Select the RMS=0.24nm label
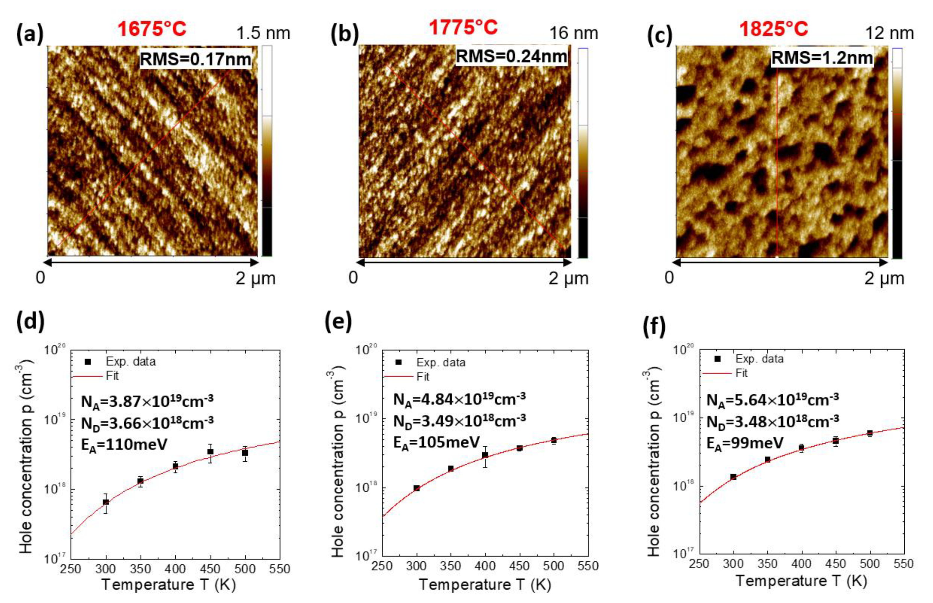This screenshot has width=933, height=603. pyautogui.click(x=511, y=57)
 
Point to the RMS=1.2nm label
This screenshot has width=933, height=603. pyautogui.click(x=822, y=58)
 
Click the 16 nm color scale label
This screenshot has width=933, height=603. pyautogui.click(x=573, y=33)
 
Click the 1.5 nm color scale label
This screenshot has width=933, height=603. pyautogui.click(x=263, y=33)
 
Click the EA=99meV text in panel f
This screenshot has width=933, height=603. pyautogui.click(x=745, y=443)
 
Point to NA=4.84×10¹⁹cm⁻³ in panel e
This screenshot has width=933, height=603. pyautogui.click(x=459, y=399)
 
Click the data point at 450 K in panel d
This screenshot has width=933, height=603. pyautogui.click(x=210, y=452)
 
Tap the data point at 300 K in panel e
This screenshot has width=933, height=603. pyautogui.click(x=416, y=488)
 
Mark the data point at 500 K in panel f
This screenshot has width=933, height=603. pyautogui.click(x=870, y=433)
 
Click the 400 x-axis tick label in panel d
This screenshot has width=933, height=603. pyautogui.click(x=175, y=568)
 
